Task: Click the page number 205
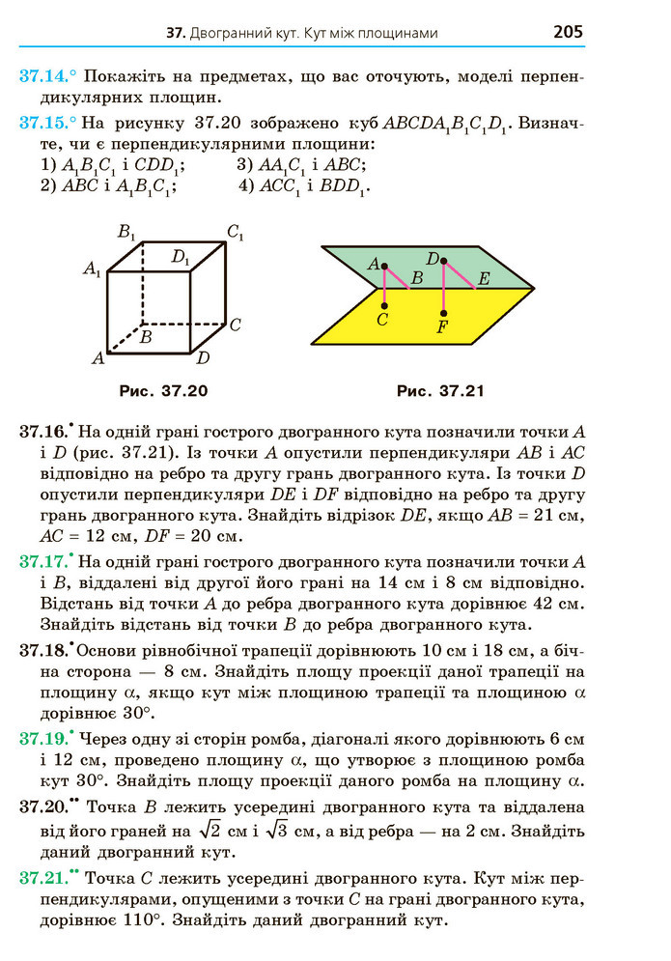[x=568, y=32]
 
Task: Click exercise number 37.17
[x=41, y=561]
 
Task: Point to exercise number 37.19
[x=41, y=739]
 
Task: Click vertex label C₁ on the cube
[x=235, y=231]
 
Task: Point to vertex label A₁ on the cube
[x=92, y=269]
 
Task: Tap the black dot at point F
[x=443, y=312]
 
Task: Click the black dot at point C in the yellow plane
[x=384, y=305]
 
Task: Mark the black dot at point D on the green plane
[x=443, y=260]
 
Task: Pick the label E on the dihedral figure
[x=484, y=278]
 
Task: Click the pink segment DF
[x=443, y=287]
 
